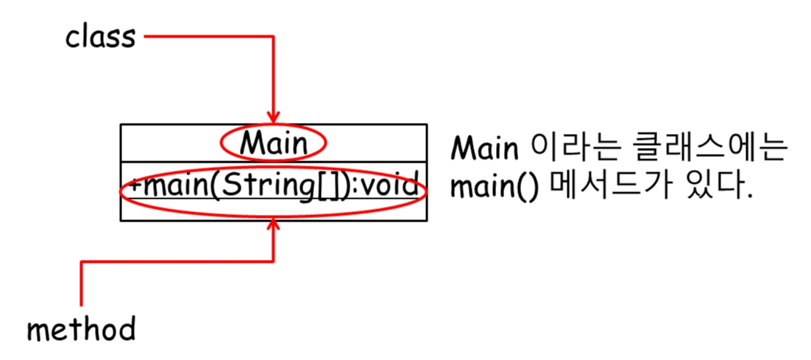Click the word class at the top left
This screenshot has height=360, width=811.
tap(100, 37)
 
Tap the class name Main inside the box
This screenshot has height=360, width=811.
tap(273, 144)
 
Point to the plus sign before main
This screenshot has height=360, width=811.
tap(135, 186)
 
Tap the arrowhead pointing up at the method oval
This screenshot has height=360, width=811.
tap(273, 224)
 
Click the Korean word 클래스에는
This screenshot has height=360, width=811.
tap(703, 149)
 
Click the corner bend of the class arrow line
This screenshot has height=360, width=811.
tap(273, 36)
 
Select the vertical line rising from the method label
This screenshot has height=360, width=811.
tap(81, 287)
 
